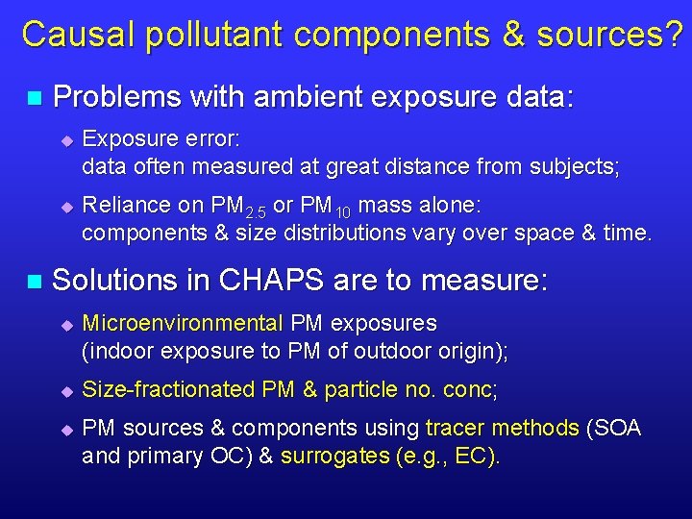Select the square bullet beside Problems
(x=35, y=98)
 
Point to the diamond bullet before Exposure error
(x=66, y=141)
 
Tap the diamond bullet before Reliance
(x=66, y=207)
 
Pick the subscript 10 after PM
(x=344, y=211)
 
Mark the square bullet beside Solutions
(x=35, y=282)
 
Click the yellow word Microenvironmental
(x=183, y=323)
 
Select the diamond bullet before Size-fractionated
(x=66, y=391)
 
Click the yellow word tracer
(x=455, y=428)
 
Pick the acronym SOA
(x=617, y=428)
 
